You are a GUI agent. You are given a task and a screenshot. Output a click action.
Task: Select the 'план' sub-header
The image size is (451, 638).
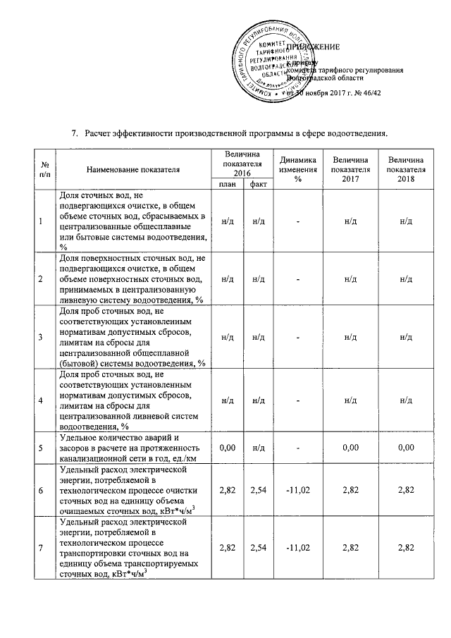(227, 184)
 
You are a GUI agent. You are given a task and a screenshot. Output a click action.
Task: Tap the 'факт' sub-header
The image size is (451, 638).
(257, 184)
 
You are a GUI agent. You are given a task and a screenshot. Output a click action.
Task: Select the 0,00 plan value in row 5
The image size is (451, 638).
(227, 447)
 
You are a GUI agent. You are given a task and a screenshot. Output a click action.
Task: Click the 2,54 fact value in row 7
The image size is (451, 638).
(257, 546)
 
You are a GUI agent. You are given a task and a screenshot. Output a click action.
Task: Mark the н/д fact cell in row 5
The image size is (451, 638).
(257, 447)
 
